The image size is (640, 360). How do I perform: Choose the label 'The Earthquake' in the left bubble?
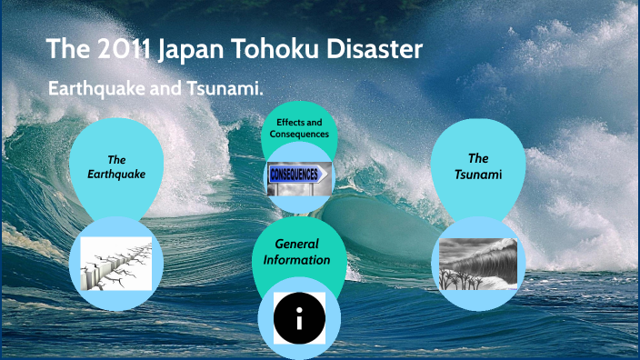tap(116, 166)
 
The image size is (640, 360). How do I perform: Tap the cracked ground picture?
tap(115, 264)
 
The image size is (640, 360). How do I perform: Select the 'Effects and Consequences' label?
tap(299, 128)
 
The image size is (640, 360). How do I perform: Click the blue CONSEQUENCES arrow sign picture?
tap(299, 174)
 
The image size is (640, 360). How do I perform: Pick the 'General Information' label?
tap(298, 252)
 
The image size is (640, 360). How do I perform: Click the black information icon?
tap(299, 318)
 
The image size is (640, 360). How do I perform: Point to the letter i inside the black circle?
tap(299, 318)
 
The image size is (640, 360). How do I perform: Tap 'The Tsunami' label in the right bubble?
tap(478, 164)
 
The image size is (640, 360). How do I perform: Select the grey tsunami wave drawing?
tap(478, 264)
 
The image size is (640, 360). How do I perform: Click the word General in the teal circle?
tap(299, 244)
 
